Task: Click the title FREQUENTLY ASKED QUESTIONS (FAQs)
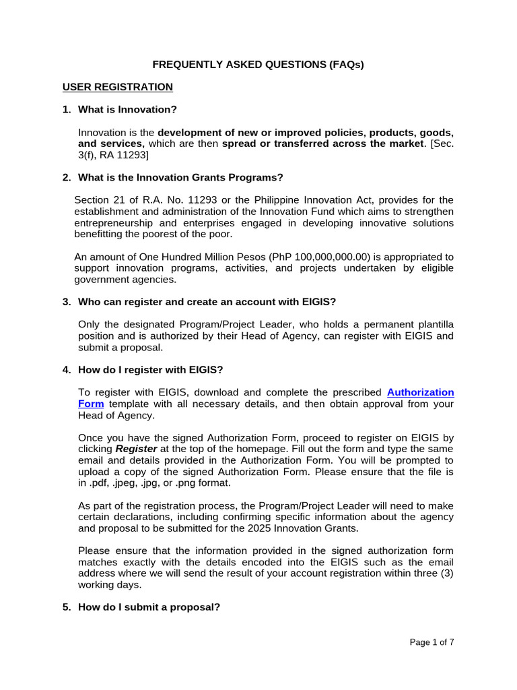[x=258, y=65]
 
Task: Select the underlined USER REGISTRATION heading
[x=118, y=87]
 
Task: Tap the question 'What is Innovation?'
[x=128, y=109]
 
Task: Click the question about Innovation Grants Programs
[x=180, y=177]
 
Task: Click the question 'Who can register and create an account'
[x=202, y=302]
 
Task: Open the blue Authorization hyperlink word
[x=421, y=391]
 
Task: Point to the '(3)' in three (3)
[x=446, y=574]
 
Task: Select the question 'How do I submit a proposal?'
[x=149, y=606]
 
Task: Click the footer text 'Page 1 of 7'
[x=432, y=642]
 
